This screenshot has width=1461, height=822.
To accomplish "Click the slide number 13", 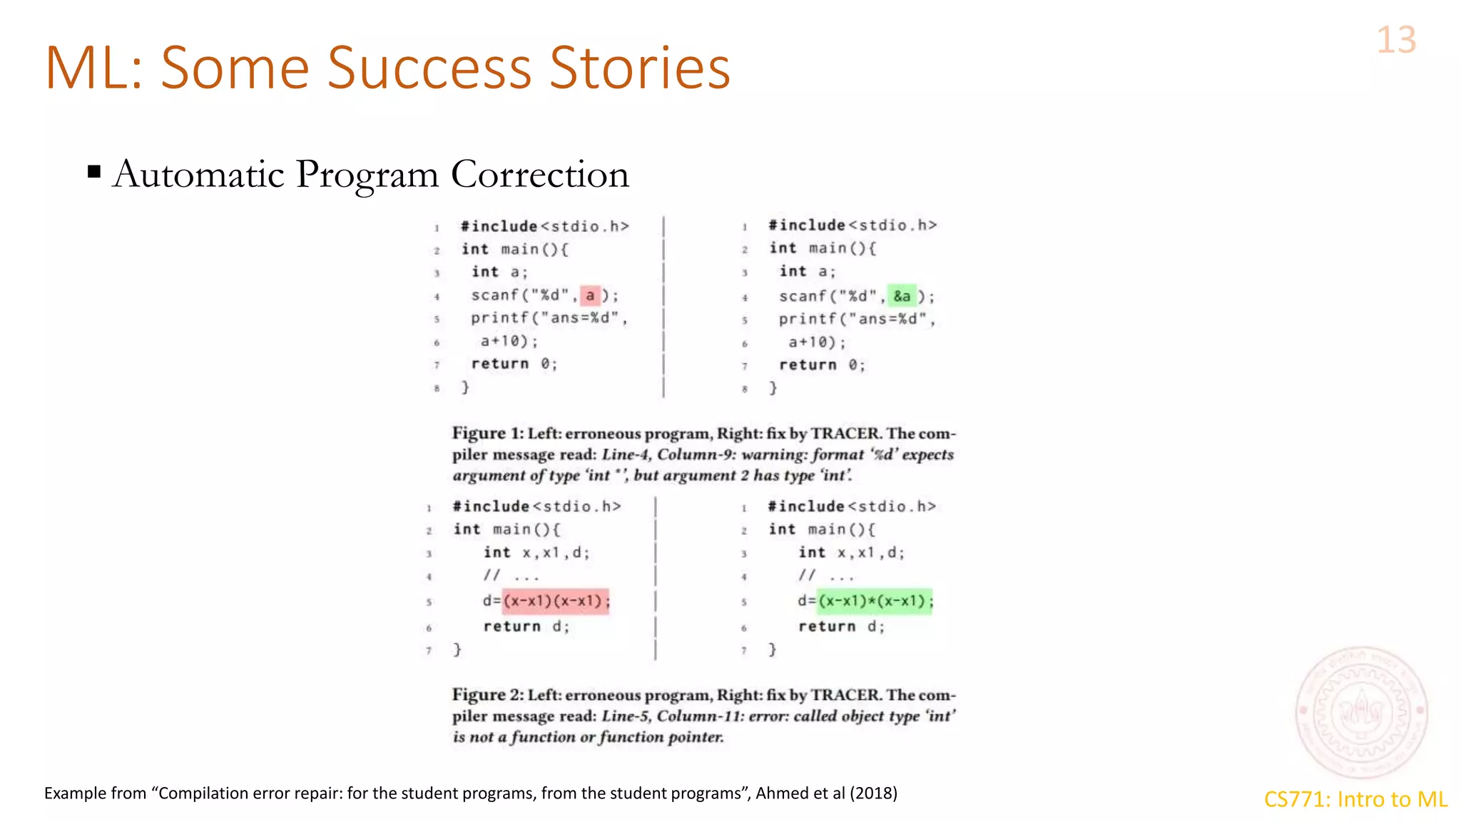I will point(1396,40).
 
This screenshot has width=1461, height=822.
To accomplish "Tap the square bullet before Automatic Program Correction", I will point(94,172).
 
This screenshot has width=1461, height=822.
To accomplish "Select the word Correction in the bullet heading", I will point(540,174).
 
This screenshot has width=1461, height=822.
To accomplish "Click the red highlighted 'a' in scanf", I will point(590,295).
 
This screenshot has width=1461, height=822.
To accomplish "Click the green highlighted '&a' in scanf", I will point(902,296).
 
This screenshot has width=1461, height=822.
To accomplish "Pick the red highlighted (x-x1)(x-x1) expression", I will point(556,601).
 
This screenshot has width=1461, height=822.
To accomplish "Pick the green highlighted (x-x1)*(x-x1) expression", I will point(875,601).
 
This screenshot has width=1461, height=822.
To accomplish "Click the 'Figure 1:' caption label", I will point(488,434).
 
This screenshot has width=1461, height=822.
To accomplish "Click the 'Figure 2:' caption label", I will point(488,695).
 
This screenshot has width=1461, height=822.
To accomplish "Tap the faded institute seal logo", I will point(1361,711).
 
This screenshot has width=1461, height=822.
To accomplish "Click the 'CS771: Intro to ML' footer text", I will point(1355,799).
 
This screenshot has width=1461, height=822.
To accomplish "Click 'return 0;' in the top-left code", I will point(514,364).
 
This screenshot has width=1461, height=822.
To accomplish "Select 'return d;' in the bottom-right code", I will point(841,626).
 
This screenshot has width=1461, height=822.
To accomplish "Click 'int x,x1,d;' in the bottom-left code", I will point(536,553).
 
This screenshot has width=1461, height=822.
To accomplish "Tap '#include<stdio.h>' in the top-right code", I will point(852,225).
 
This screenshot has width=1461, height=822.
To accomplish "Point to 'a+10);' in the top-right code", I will point(817,342).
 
